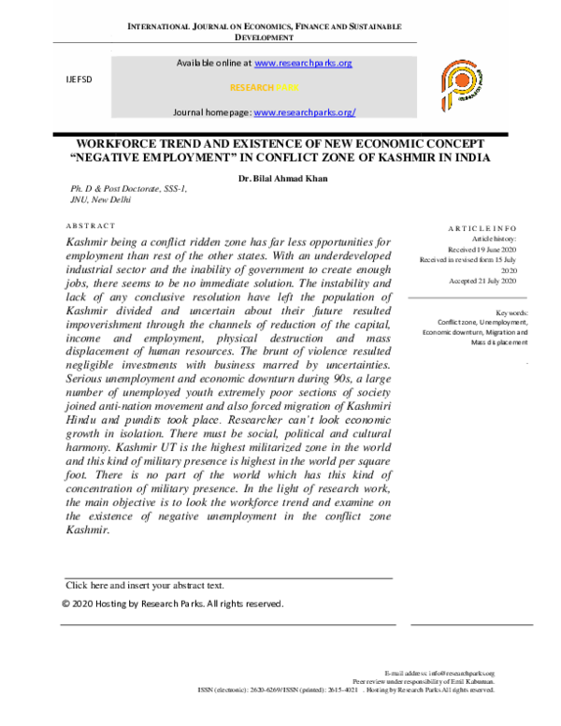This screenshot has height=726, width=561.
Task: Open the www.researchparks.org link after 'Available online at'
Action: pyautogui.click(x=302, y=63)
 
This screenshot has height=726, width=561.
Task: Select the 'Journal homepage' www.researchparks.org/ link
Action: pyautogui.click(x=305, y=112)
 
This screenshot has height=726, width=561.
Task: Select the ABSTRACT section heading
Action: pyautogui.click(x=91, y=226)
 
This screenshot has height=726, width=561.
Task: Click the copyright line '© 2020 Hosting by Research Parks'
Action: pyautogui.click(x=172, y=603)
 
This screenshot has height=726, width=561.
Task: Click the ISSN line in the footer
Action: pyautogui.click(x=346, y=690)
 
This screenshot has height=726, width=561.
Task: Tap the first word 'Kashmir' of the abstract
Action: pyautogui.click(x=86, y=242)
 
